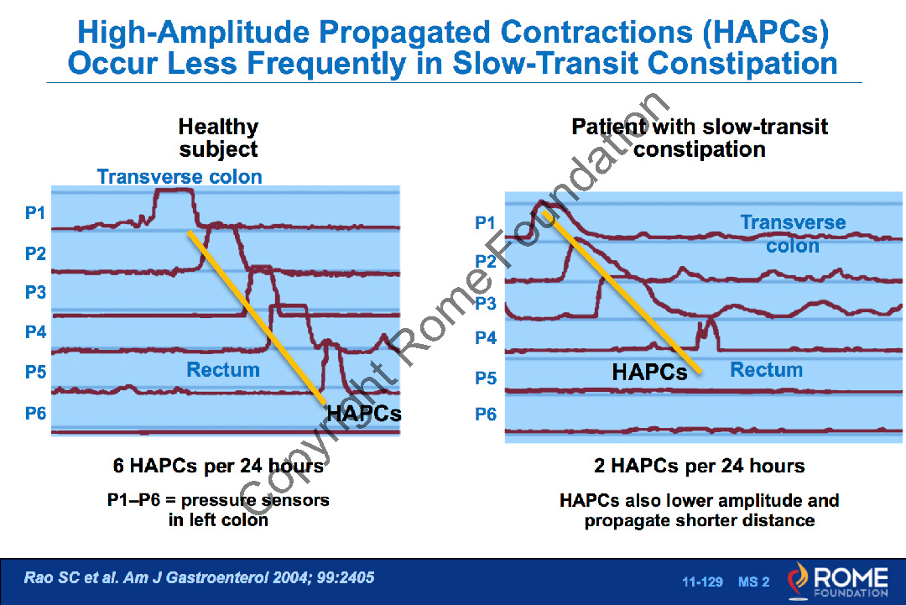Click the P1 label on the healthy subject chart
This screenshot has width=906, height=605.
point(35,212)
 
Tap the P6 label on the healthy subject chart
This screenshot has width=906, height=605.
point(35,413)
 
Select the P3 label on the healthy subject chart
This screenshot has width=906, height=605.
point(35,292)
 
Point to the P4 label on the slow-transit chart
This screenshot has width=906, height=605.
point(486,337)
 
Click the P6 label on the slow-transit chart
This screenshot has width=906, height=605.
point(486,414)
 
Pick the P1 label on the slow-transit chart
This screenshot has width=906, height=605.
point(486,222)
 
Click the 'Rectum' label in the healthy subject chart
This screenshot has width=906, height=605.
point(223,370)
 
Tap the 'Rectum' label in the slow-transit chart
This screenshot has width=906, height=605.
point(767,370)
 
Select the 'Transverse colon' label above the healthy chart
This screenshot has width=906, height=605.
point(180,176)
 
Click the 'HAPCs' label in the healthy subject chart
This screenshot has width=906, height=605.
point(364,414)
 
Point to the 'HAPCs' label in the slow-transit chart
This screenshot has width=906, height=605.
point(649,372)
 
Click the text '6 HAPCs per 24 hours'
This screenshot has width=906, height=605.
point(218,466)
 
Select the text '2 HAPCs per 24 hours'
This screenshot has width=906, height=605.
point(699,466)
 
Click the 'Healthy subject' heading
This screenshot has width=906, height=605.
point(218,138)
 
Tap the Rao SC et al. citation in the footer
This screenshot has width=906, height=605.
point(200,577)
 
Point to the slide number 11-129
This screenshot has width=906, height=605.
point(703,582)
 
